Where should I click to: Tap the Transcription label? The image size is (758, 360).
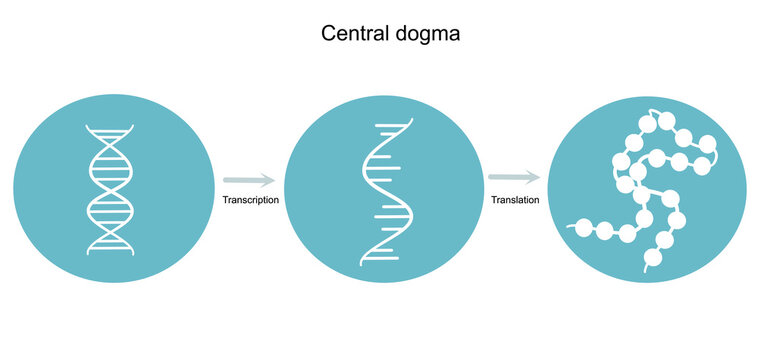click(x=250, y=200)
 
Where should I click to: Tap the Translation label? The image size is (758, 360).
click(x=515, y=200)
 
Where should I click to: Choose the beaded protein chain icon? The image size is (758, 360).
click(x=648, y=190)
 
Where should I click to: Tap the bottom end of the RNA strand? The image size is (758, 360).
click(x=362, y=262)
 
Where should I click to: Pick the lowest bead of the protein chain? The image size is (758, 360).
click(x=653, y=258)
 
